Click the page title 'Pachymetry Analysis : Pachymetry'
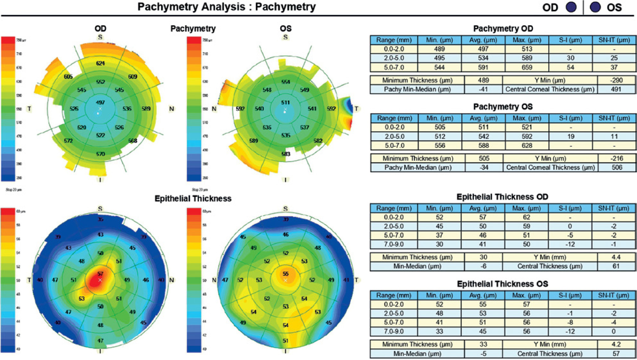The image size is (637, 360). coord(226,7)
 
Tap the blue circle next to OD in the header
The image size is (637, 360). coord(571,7)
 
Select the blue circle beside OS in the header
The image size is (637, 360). coord(595,7)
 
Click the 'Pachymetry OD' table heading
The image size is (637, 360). coord(503,29)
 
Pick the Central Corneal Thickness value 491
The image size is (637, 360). coord(616,89)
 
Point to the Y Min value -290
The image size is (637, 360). coord(616,80)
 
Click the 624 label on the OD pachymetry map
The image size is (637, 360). coord(100,63)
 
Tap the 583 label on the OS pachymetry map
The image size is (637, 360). coord(286,154)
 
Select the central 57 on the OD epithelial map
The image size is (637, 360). coord(100,274)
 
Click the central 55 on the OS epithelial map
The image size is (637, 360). coord(286,274)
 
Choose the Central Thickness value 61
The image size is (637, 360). coord(616,266)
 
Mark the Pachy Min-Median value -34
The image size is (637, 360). coord(484,168)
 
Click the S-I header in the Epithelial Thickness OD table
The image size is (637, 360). coord(570,208)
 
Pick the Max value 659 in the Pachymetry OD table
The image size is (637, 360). coord(527,67)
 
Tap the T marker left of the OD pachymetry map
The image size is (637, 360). coord(29,108)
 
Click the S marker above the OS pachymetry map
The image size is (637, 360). coord(286,37)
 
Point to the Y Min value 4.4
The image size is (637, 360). coord(616,257)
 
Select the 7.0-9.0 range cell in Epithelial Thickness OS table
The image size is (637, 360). coord(394,332)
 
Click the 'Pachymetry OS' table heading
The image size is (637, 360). coord(503,107)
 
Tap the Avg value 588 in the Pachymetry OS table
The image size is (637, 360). coord(483,145)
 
